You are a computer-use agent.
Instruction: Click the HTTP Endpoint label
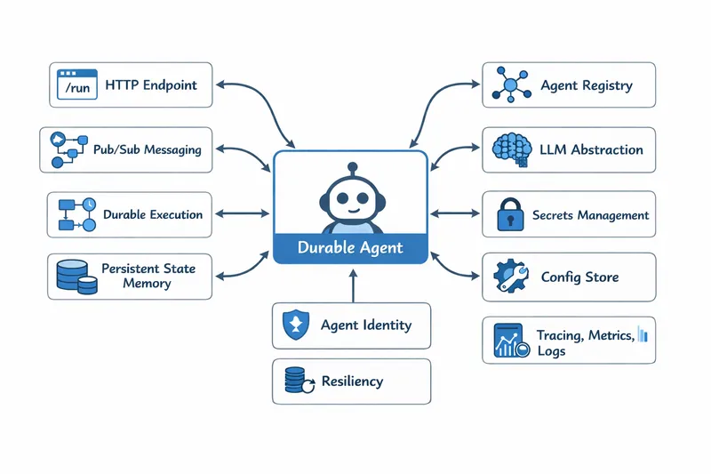[x=151, y=85]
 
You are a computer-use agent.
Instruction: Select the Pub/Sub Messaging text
[x=148, y=150]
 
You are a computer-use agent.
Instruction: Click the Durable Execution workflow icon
[x=76, y=214]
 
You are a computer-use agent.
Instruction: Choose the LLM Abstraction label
[x=591, y=150]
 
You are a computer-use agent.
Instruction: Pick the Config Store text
[x=579, y=277]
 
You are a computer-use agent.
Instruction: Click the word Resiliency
[x=352, y=382]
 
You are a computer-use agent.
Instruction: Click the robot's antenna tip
[x=351, y=166]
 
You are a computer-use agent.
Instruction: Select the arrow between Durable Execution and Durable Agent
[x=243, y=213]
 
